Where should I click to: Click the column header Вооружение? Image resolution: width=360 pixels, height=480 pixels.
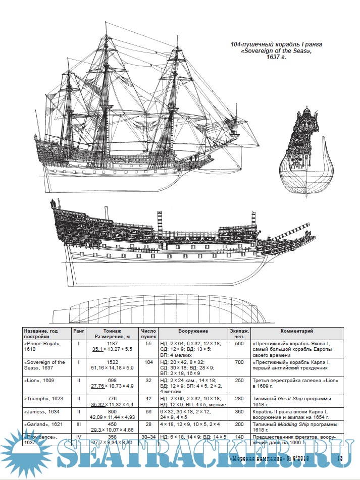193,331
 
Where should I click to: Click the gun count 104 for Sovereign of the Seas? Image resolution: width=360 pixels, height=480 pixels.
148,362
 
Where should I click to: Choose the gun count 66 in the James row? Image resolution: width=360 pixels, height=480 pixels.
148,412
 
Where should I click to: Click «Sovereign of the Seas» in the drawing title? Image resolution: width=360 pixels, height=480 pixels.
273,51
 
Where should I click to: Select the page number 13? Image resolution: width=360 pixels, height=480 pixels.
339,458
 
